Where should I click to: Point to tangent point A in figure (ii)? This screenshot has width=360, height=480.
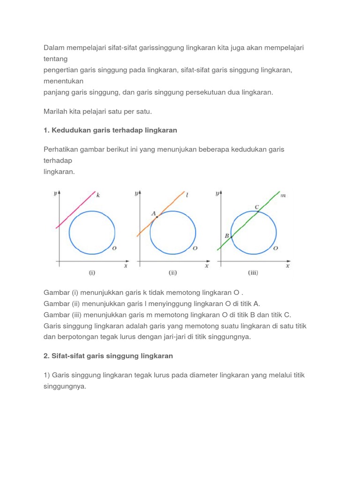click(x=157, y=217)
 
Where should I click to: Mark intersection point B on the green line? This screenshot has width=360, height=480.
click(x=231, y=237)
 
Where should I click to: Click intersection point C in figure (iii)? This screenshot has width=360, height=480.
click(x=257, y=211)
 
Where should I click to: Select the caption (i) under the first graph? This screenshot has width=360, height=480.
click(x=92, y=272)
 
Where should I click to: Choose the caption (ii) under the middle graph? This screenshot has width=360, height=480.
click(x=173, y=272)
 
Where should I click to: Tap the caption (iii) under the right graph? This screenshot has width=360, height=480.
click(x=253, y=272)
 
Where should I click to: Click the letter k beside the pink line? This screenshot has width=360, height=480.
click(x=98, y=195)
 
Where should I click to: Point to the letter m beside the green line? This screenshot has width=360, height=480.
click(x=283, y=195)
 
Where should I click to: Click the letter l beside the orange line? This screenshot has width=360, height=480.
click(x=187, y=195)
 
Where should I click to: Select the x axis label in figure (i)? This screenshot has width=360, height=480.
click(x=126, y=266)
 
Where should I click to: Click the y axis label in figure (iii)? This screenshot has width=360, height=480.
click(x=217, y=193)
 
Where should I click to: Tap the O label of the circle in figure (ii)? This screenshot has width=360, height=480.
click(x=195, y=247)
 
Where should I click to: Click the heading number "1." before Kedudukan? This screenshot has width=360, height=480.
click(x=46, y=130)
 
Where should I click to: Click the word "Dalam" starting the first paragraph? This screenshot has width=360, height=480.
click(x=53, y=47)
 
